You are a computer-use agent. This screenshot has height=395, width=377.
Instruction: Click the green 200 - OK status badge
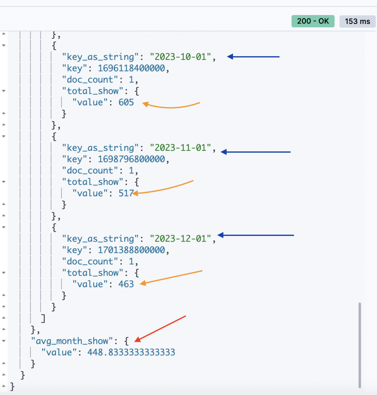pos(313,21)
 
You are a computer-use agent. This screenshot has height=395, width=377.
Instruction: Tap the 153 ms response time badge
pos(357,21)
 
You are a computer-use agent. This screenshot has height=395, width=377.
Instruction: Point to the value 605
pos(126,102)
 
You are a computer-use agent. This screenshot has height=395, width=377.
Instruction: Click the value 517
pos(125,193)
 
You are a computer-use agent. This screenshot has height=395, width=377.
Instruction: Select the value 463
pos(126,284)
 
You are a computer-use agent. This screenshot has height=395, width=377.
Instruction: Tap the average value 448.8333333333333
pos(131,352)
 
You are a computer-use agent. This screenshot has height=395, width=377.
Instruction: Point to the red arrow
pos(161,328)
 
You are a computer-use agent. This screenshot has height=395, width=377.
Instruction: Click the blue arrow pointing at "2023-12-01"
pos(256,235)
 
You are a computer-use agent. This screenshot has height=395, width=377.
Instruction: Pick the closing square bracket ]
pos(43,318)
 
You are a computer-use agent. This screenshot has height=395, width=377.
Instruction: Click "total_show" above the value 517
pos(93,182)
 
